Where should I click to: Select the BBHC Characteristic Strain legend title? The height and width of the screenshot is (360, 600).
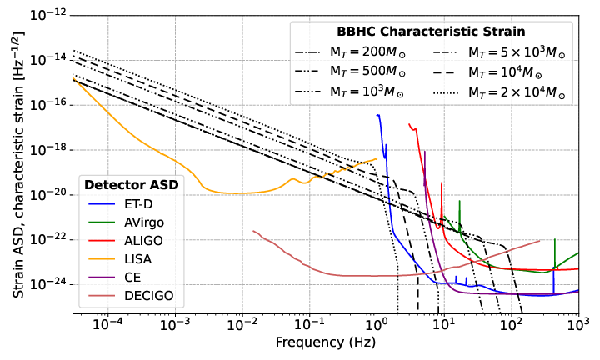coord(430,32)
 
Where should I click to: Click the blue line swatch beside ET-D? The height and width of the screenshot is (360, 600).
coord(100,203)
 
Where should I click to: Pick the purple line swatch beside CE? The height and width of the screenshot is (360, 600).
coord(100,277)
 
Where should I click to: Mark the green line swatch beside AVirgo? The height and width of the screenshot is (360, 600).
coord(100,222)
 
